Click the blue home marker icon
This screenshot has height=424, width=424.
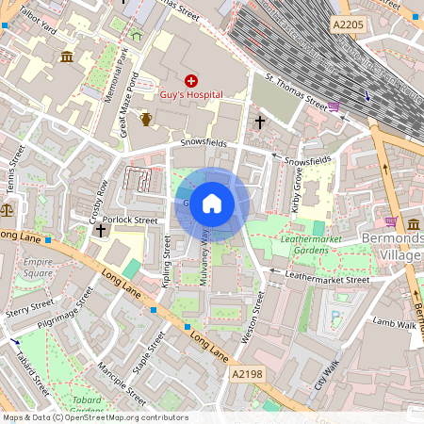tap(212, 204)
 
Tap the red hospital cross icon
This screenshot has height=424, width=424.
tap(191, 81)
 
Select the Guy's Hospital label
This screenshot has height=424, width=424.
tap(191, 95)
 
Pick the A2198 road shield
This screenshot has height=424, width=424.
tap(247, 374)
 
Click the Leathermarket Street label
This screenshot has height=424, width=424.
tap(329, 280)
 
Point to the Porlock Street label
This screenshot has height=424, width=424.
tap(131, 220)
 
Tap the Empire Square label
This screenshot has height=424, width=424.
tap(39, 268)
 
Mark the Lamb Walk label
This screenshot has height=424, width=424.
tap(394, 322)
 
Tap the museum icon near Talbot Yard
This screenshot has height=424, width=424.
tap(67, 57)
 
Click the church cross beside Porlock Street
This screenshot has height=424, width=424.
tap(100, 230)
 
